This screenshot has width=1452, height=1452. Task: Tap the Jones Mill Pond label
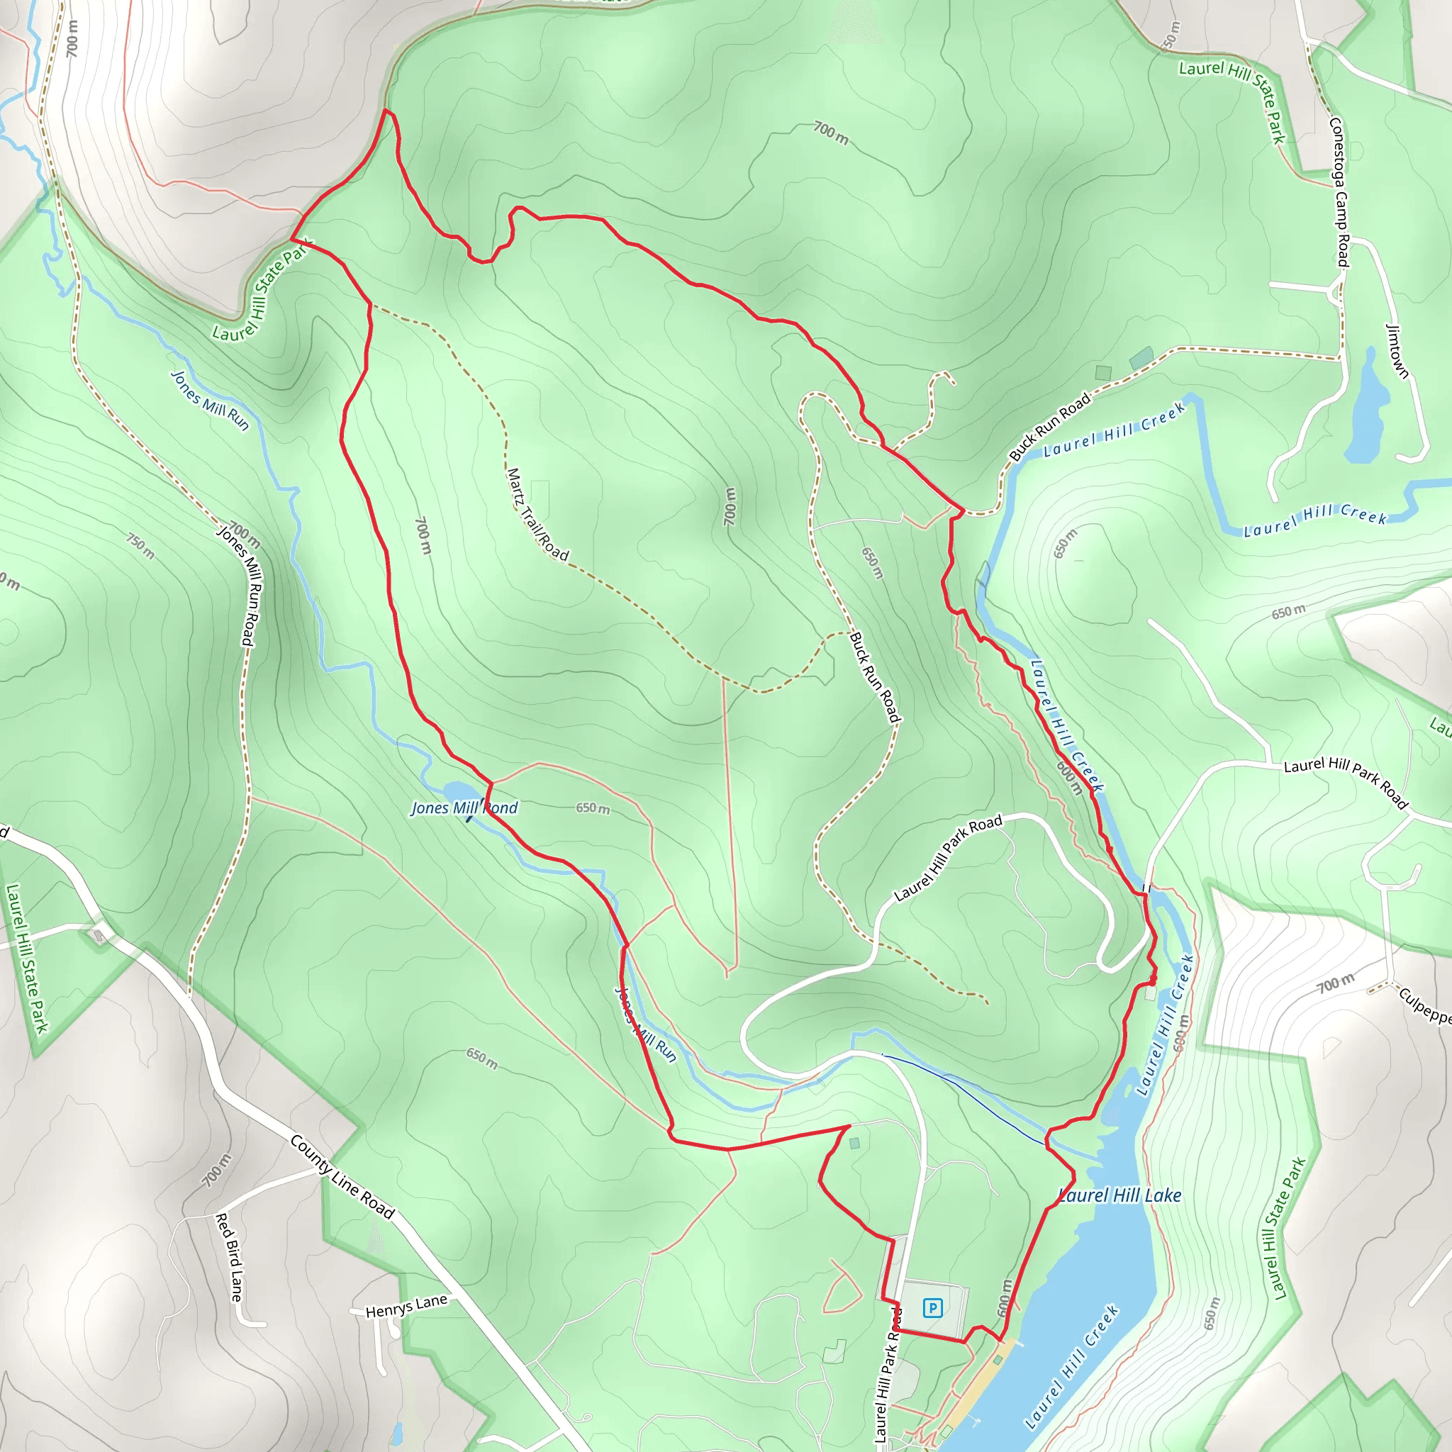(464, 808)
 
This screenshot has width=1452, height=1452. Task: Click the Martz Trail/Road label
(537, 515)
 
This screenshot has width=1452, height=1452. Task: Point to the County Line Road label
(342, 1177)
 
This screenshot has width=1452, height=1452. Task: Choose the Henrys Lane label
(406, 1306)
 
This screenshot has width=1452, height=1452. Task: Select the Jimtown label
(1397, 350)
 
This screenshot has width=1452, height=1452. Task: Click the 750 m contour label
(140, 547)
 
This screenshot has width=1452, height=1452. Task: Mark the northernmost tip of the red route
(386, 111)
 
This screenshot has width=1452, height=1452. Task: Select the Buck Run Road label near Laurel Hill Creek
(1049, 426)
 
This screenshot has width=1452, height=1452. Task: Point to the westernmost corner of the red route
(291, 240)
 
